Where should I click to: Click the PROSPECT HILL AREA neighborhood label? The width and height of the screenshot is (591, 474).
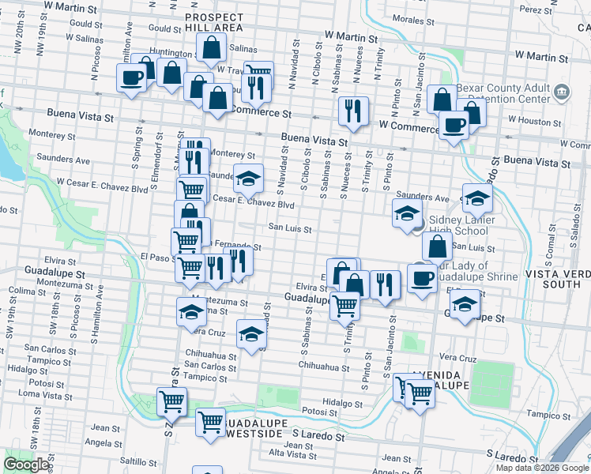pyautogui.click(x=213, y=21)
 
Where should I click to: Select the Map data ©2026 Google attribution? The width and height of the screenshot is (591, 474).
pyautogui.click(x=541, y=468)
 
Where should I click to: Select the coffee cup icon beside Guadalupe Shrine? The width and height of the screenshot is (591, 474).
pyautogui.click(x=421, y=278)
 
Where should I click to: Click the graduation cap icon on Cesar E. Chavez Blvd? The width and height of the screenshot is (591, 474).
pyautogui.click(x=248, y=179)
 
